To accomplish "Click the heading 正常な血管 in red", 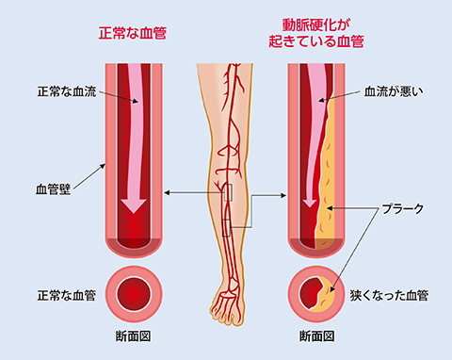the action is tap(133, 33).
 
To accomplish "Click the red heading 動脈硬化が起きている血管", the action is tap(316, 33).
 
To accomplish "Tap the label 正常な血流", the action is tap(67, 91).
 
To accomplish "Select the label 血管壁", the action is tap(53, 189).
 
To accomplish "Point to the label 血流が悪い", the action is tap(394, 91).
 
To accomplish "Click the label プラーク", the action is tap(403, 208).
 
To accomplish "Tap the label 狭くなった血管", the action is tap(389, 296).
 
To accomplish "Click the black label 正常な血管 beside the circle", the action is tap(67, 296).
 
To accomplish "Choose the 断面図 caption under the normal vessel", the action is tap(134, 336).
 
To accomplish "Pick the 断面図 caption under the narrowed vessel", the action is tap(316, 336).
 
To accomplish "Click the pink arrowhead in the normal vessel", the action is tap(134, 205).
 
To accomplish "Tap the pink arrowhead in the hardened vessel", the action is tap(310, 203).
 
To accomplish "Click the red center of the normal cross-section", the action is tap(134, 294).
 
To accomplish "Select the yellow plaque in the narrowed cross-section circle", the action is tap(327, 297).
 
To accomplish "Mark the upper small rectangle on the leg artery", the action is tap(228, 192).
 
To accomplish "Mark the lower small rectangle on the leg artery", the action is tap(226, 228).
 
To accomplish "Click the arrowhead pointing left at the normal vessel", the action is tap(167, 192).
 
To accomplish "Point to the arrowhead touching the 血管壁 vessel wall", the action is tap(103, 166).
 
